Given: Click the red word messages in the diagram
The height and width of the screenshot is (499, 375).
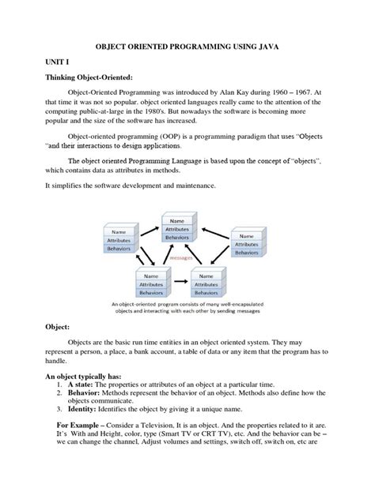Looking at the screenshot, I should (188, 256).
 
